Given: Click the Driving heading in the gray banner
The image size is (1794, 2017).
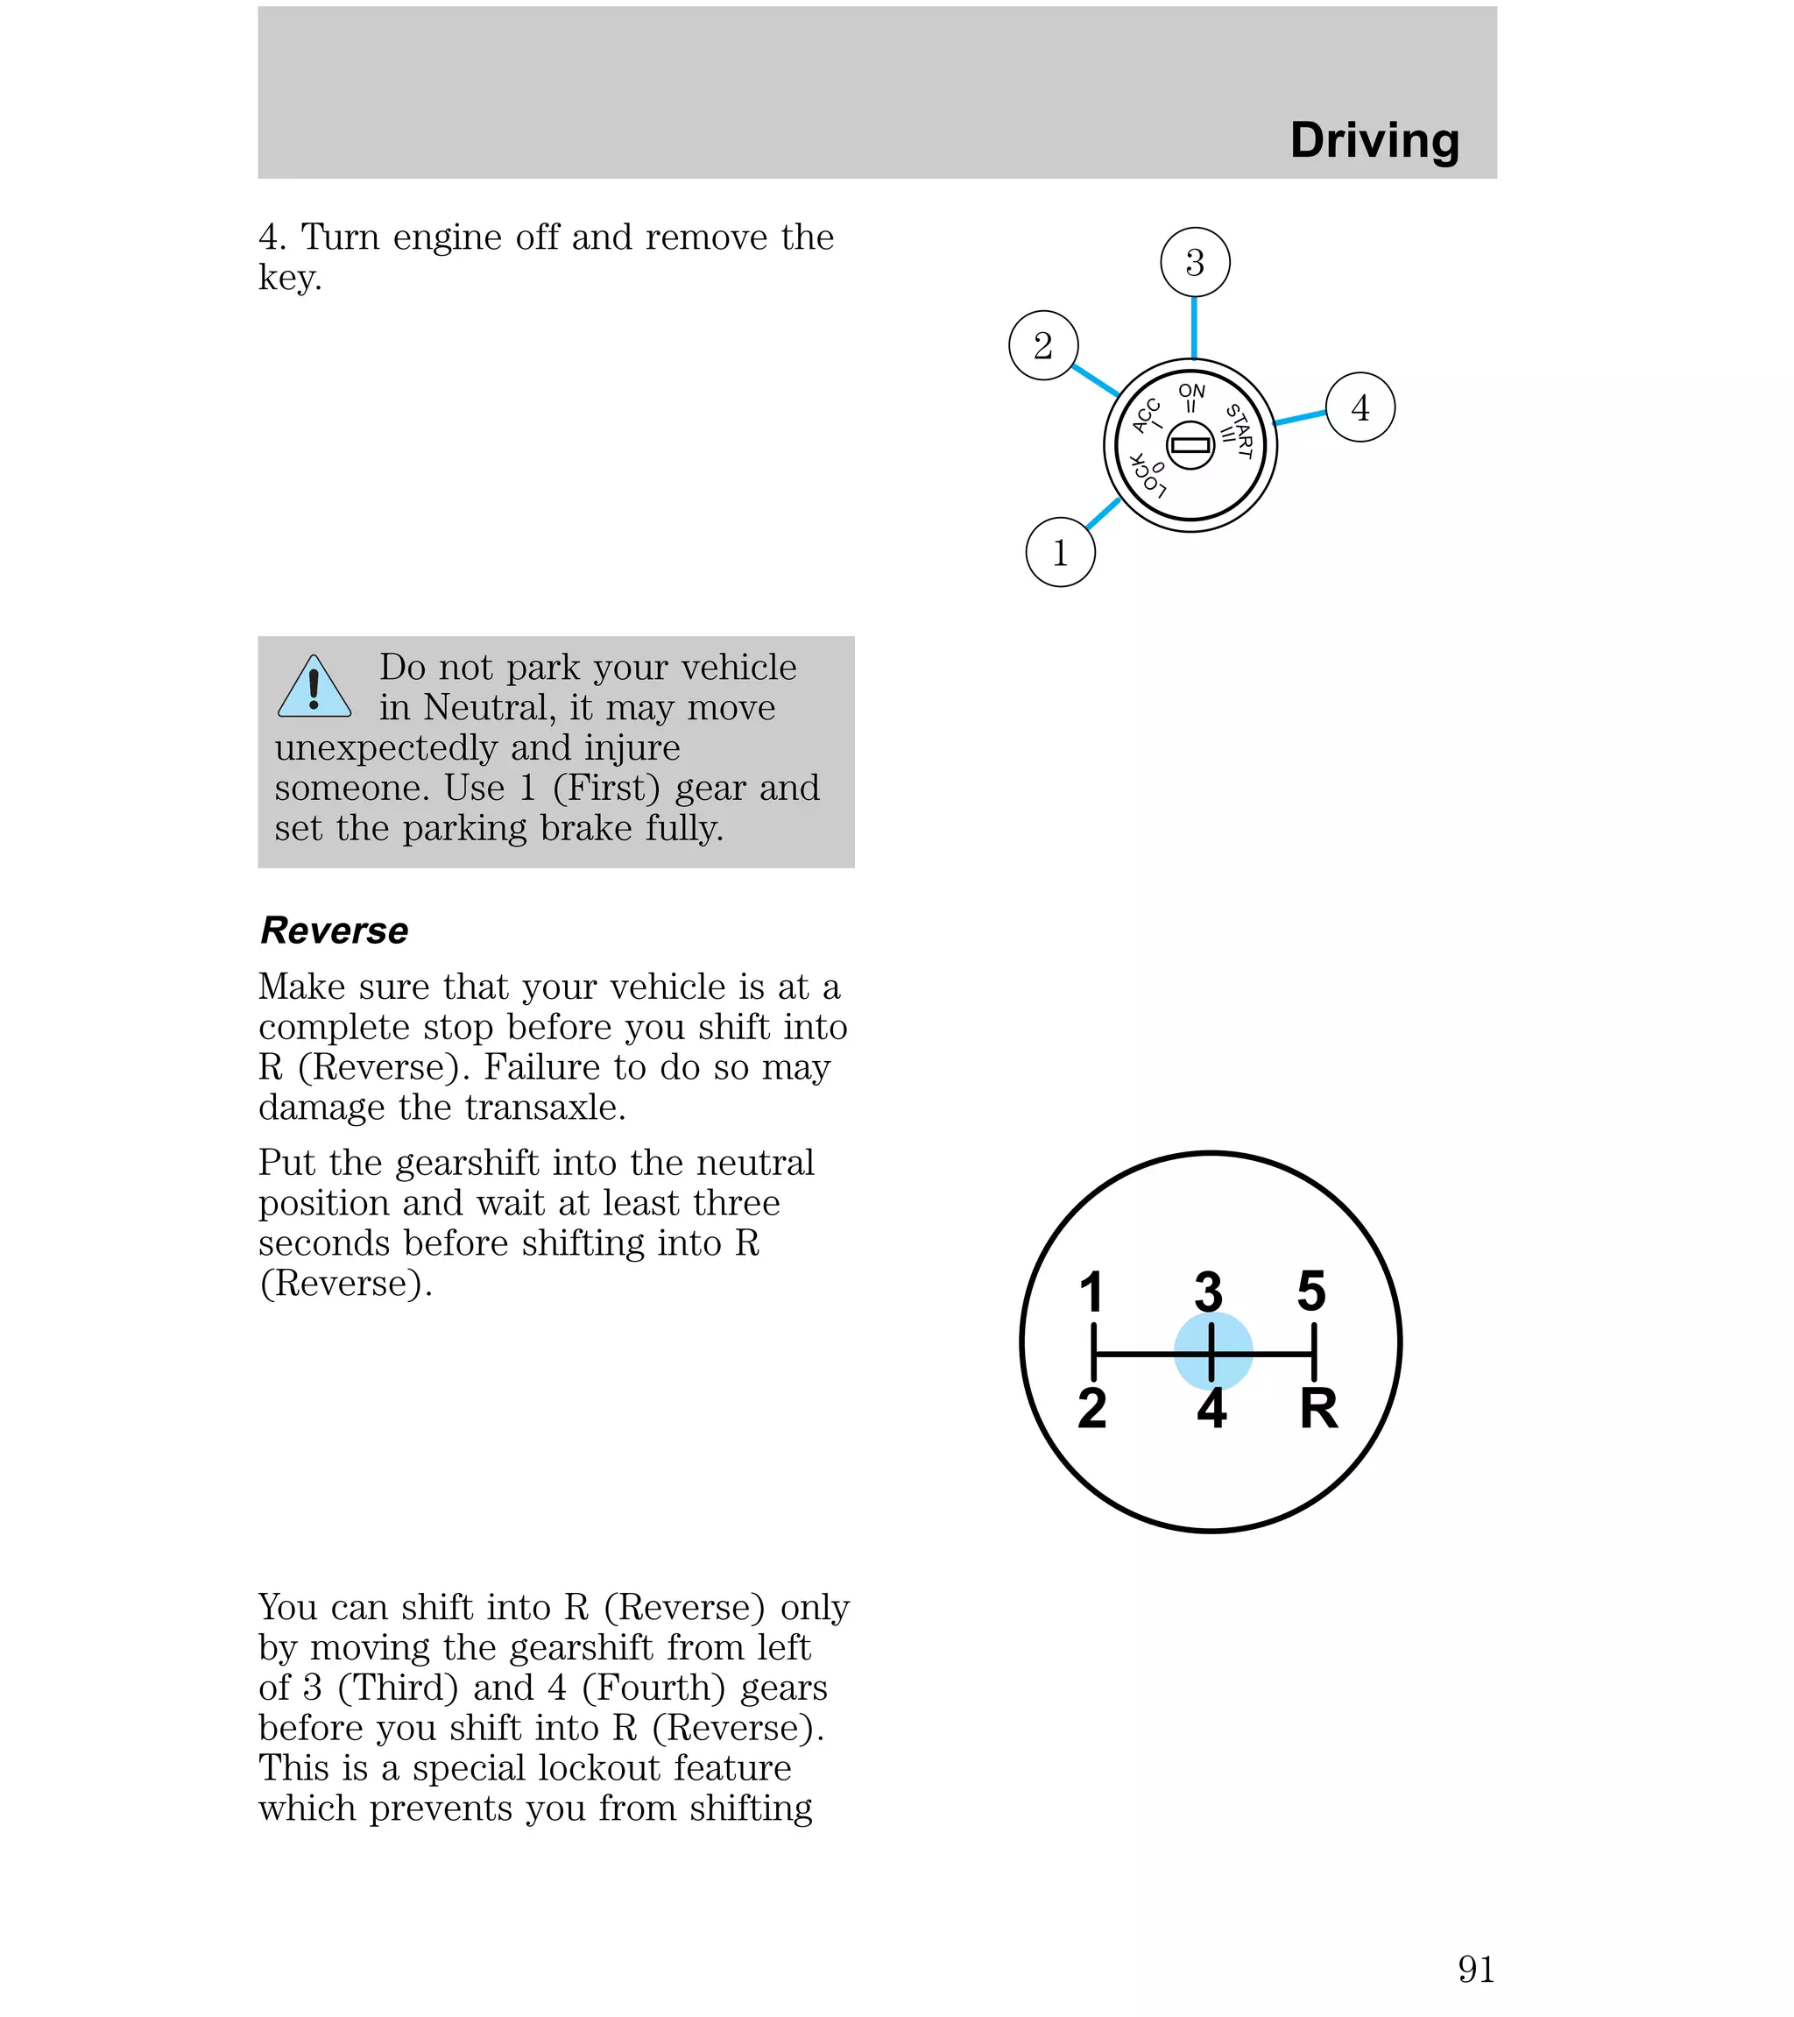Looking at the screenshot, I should pos(1374,140).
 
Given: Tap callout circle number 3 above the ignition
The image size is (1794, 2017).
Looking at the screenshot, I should pos(1194,263).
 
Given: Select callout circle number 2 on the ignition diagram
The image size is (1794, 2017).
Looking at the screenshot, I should pos(1043,345).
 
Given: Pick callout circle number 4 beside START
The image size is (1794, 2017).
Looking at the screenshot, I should pos(1360,407).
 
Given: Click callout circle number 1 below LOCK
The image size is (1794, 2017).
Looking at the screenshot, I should pos(1060,553).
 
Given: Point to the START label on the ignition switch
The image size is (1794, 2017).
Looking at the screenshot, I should pos(1240,431).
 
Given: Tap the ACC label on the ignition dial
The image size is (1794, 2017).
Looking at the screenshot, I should pos(1146,415).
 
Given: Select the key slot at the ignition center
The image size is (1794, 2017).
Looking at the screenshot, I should pos(1190,445).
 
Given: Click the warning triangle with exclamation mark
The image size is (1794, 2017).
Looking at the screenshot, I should pos(314,688).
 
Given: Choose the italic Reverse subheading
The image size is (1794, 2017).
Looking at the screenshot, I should pos(334,931).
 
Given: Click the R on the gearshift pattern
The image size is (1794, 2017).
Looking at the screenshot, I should pos(1318,1408).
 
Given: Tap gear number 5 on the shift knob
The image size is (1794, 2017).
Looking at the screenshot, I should pos(1311,1291).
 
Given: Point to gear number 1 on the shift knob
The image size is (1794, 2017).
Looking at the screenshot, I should pos(1091,1292).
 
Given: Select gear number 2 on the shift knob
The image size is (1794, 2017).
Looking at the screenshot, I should pos(1091,1408).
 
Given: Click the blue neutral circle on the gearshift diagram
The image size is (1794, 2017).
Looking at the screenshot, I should pos(1212,1351).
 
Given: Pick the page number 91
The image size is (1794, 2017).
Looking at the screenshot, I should pos(1475,1969).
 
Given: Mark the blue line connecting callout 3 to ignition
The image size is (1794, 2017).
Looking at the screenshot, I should pos(1194,328).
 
